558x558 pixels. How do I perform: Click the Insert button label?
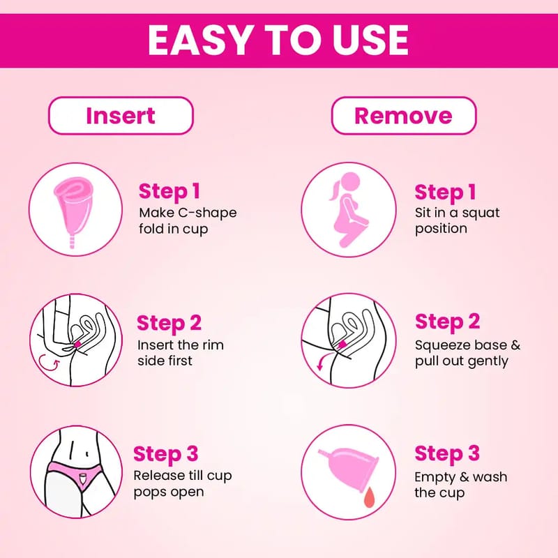(121, 116)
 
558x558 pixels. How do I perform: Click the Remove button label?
(404, 116)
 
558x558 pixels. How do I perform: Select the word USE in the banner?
(370, 40)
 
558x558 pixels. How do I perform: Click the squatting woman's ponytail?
(335, 190)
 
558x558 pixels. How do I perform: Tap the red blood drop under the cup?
(369, 497)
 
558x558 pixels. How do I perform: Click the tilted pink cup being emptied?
(351, 469)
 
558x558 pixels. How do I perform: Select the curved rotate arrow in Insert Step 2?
(49, 363)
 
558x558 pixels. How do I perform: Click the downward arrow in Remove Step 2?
(322, 361)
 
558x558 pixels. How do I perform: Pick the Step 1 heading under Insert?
(169, 192)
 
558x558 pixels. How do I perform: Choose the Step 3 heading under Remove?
(447, 454)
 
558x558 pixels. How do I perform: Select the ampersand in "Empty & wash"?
(462, 477)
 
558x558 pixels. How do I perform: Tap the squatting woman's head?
(351, 182)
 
